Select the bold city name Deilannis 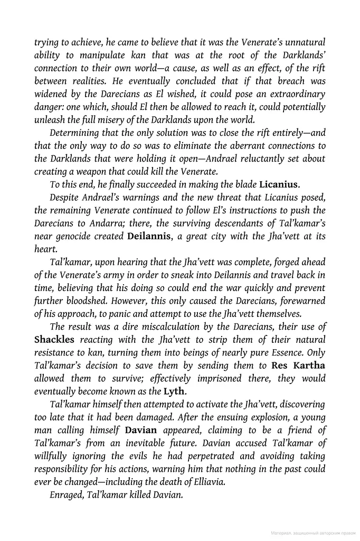[x=149, y=236]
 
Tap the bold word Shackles [x=54, y=339]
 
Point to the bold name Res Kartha [x=298, y=365]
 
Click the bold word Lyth [x=175, y=391]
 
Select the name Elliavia [x=206, y=481]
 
